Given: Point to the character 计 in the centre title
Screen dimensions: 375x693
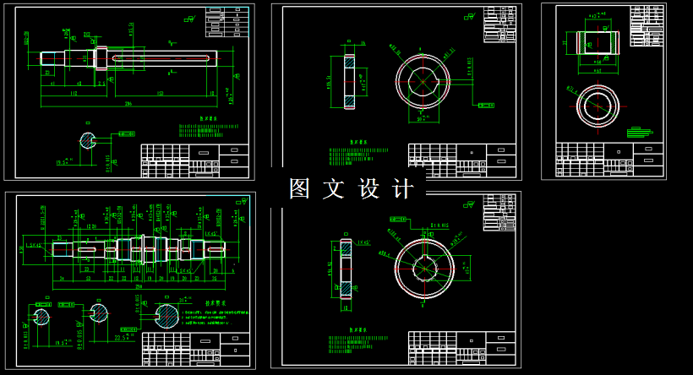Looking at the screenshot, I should click(404, 188).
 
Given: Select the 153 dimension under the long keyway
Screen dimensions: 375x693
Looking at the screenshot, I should click(161, 94).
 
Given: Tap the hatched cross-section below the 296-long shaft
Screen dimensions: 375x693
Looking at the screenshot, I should click(88, 141).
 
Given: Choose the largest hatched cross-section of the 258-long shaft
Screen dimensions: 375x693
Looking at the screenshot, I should click(168, 317).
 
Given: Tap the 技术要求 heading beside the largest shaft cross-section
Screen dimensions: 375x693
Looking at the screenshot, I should click(218, 302).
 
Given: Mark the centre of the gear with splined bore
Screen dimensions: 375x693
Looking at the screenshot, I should click(424, 267).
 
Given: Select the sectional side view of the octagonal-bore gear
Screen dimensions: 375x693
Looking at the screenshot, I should click(349, 81).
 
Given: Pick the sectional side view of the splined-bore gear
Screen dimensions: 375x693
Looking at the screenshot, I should click(346, 268).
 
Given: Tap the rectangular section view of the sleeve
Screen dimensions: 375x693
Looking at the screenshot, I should click(598, 43).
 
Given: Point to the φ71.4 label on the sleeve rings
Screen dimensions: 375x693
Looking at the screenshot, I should click(571, 88).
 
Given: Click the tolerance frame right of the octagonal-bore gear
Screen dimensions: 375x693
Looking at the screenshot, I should click(486, 106).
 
